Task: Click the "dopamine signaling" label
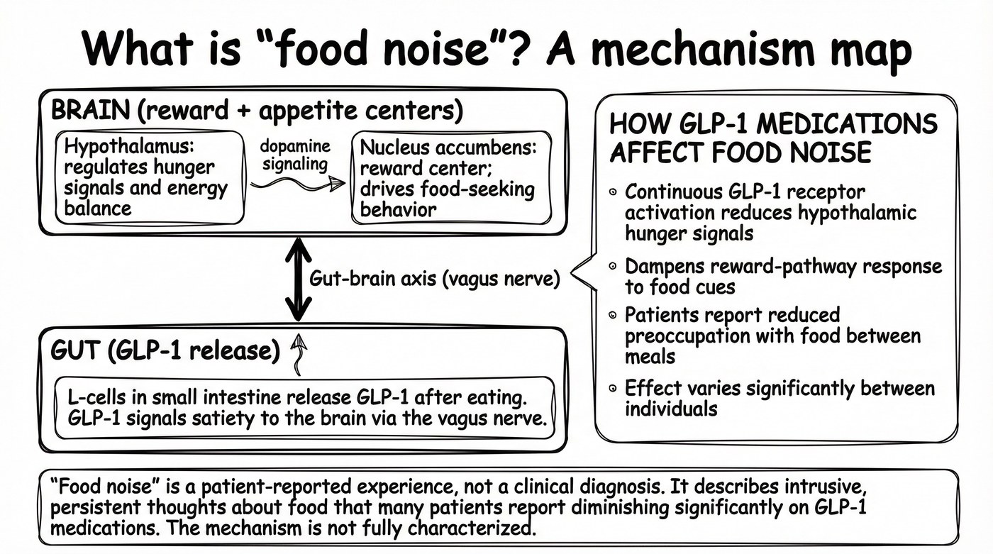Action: tap(296, 155)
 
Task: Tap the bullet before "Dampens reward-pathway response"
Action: tap(614, 267)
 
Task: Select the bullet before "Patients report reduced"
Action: tap(614, 315)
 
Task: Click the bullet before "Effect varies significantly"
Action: tap(614, 389)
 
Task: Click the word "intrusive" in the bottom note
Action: tap(828, 489)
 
